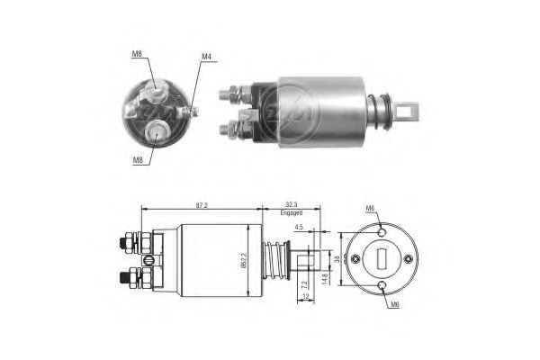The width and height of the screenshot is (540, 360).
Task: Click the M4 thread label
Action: click(x=206, y=57)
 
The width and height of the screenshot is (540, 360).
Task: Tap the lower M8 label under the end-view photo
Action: click(x=137, y=161)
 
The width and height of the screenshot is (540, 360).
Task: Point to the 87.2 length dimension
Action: click(x=200, y=205)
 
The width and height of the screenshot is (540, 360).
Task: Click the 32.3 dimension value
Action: click(x=291, y=205)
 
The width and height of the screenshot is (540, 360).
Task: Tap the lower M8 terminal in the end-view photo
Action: click(x=157, y=132)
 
